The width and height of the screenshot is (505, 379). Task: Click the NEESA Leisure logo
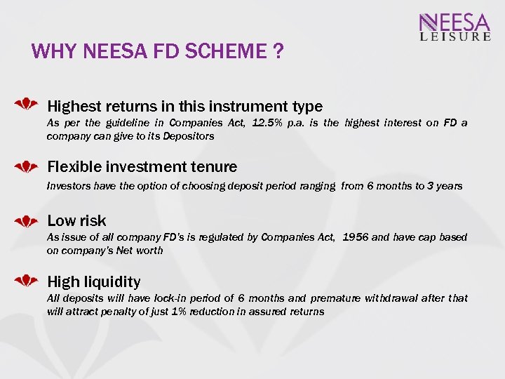point(454,27)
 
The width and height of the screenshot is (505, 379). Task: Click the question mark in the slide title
point(279,52)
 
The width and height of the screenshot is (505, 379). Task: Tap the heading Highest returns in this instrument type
point(184,107)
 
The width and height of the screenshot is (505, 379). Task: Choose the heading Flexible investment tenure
point(142,167)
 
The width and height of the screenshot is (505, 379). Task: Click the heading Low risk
point(76,221)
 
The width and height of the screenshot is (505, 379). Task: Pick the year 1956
point(355,237)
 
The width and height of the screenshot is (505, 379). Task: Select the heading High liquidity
point(93,282)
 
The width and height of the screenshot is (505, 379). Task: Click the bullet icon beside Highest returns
point(27,105)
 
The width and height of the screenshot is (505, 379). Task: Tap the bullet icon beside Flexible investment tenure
point(27,166)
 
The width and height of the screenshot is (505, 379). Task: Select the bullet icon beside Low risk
point(27,220)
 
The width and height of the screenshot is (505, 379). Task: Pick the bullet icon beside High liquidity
point(27,281)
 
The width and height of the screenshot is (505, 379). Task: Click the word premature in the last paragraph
point(332,298)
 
